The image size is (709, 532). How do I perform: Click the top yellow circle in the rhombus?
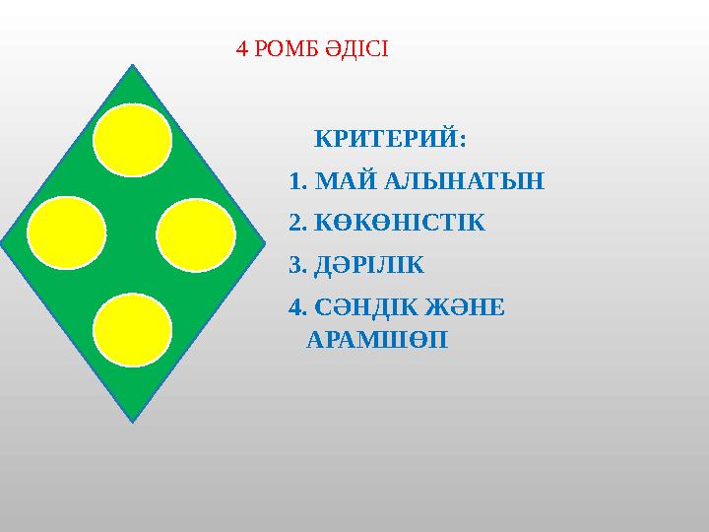click(133, 140)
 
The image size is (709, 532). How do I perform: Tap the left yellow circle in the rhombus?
click(67, 233)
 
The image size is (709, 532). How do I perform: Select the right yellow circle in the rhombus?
click(196, 235)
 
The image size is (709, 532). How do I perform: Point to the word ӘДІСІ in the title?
click(360, 48)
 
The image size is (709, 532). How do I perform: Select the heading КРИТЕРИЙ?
click(390, 137)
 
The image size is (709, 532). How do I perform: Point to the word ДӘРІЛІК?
click(373, 265)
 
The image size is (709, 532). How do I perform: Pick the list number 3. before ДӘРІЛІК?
click(298, 265)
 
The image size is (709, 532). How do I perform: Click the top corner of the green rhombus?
click(132, 67)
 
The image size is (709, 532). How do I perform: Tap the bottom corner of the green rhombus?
click(132, 421)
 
